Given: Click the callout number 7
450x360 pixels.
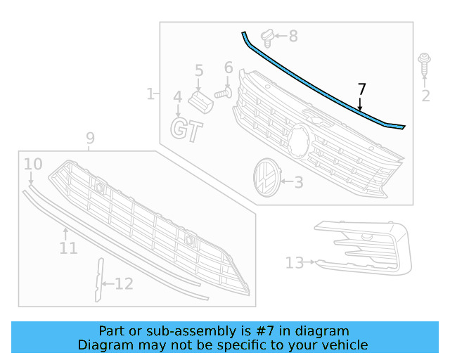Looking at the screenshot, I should (x=361, y=89).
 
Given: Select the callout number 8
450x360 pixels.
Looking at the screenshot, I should (x=293, y=35).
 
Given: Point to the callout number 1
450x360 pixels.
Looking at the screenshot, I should (x=150, y=94).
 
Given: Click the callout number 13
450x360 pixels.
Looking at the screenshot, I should (x=294, y=263).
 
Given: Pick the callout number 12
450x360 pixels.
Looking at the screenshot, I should (x=124, y=284).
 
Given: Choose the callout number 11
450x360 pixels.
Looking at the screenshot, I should (x=68, y=248).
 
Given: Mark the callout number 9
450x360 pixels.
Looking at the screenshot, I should (x=90, y=139).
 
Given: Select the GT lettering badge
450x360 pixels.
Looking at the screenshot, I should (x=187, y=130).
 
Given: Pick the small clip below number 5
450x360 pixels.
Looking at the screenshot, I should (x=201, y=101).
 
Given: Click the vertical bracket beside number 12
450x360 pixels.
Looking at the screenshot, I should (x=98, y=279).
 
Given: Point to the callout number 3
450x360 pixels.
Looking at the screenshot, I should (x=298, y=183).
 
